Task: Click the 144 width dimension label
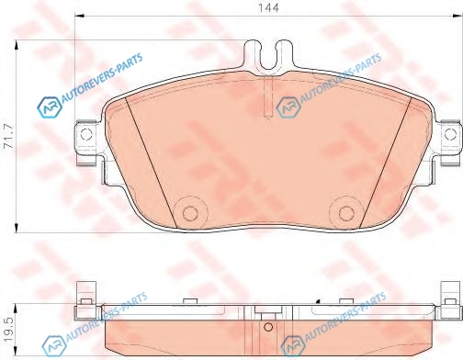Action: pyautogui.click(x=268, y=7)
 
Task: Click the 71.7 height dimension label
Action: pyautogui.click(x=8, y=136)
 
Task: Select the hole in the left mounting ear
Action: pyautogui.click(x=85, y=134)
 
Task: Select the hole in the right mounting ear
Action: pyautogui.click(x=450, y=134)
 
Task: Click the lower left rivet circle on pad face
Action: pyautogui.click(x=190, y=213)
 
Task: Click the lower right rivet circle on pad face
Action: pyautogui.click(x=346, y=213)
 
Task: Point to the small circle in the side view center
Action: pyautogui.click(x=268, y=327)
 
